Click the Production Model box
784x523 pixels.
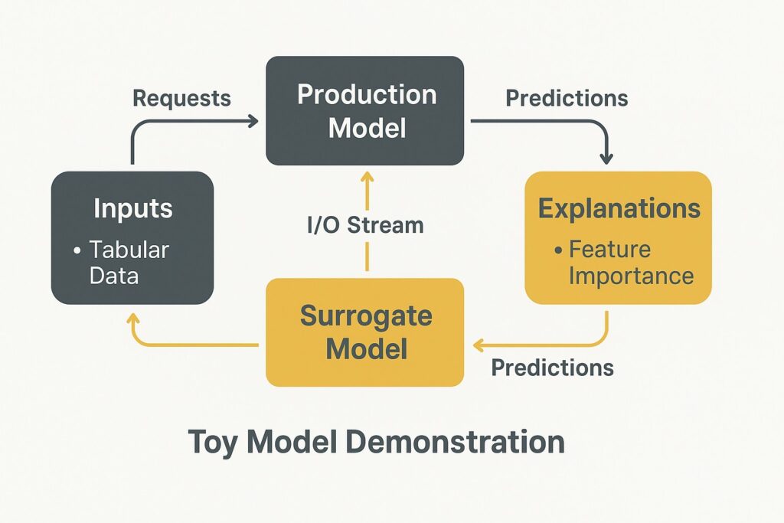click(365, 110)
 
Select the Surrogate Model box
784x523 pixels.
click(365, 332)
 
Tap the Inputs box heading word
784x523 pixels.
click(133, 208)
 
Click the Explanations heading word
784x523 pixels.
click(619, 208)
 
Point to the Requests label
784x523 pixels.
click(181, 98)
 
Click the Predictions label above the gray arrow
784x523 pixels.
click(567, 98)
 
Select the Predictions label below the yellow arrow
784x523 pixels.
click(553, 368)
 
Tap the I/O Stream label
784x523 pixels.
click(365, 225)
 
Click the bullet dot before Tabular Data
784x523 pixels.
click(77, 250)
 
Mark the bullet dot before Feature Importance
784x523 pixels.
click(558, 250)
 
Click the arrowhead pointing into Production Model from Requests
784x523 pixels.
click(253, 120)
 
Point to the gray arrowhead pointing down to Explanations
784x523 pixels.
click(606, 159)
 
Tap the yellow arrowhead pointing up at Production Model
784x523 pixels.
click(367, 177)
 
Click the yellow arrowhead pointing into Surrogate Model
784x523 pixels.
click(478, 345)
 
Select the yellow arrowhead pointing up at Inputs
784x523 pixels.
click(133, 319)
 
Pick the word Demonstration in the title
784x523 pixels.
click(455, 442)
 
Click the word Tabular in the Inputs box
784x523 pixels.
click(129, 250)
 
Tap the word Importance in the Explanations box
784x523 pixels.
click(632, 276)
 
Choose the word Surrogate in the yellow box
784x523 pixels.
click(366, 316)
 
